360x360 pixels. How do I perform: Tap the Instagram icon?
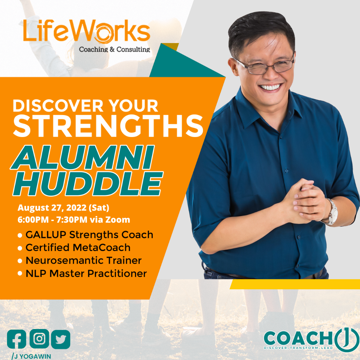39,339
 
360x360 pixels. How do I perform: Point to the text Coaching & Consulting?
114,50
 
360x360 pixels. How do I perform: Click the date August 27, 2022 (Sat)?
63,208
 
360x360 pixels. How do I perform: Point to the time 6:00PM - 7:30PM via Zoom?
74,220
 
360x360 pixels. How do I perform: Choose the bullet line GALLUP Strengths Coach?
89,235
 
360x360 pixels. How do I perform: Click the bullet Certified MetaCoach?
78,248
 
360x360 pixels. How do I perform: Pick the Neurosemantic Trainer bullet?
83,260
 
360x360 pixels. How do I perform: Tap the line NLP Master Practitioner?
86,273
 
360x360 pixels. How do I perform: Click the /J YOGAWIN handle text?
31,356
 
